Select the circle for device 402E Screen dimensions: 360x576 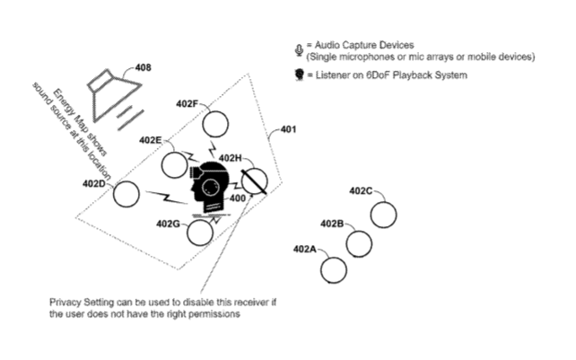tap(175, 164)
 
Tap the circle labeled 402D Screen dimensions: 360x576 tap(127, 194)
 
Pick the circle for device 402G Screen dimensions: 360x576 tap(199, 233)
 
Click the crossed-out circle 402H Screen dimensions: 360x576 tap(255, 181)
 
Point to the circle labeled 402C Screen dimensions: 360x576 tap(384, 214)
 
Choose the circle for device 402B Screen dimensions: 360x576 tap(359, 243)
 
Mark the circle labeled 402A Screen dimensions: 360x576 tap(334, 268)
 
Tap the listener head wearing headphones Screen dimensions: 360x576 tap(210, 188)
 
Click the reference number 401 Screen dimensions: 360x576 tap(289, 129)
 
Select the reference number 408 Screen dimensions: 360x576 tap(143, 66)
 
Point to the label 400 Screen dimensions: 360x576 tap(238, 198)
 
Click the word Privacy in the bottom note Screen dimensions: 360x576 tap(66, 303)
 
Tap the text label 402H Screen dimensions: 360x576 tap(231, 158)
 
